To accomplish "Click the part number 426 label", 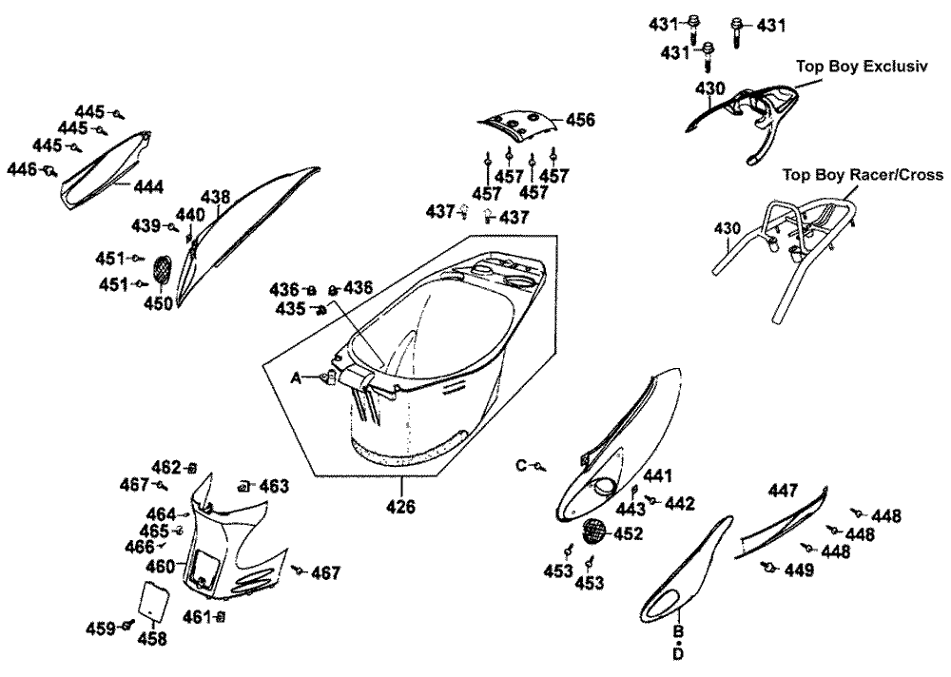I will click(x=400, y=507).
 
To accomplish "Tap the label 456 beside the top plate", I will click(x=580, y=120).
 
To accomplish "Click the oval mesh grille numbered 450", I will click(x=163, y=269).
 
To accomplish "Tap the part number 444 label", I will click(x=148, y=186).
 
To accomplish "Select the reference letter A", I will click(x=296, y=377).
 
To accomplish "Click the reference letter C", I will click(x=521, y=465).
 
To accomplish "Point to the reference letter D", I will click(x=678, y=654).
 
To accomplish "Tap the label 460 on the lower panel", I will click(x=160, y=566).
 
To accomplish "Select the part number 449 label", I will click(x=799, y=570).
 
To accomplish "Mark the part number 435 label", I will click(x=290, y=309).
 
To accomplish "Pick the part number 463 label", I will click(x=274, y=486).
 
